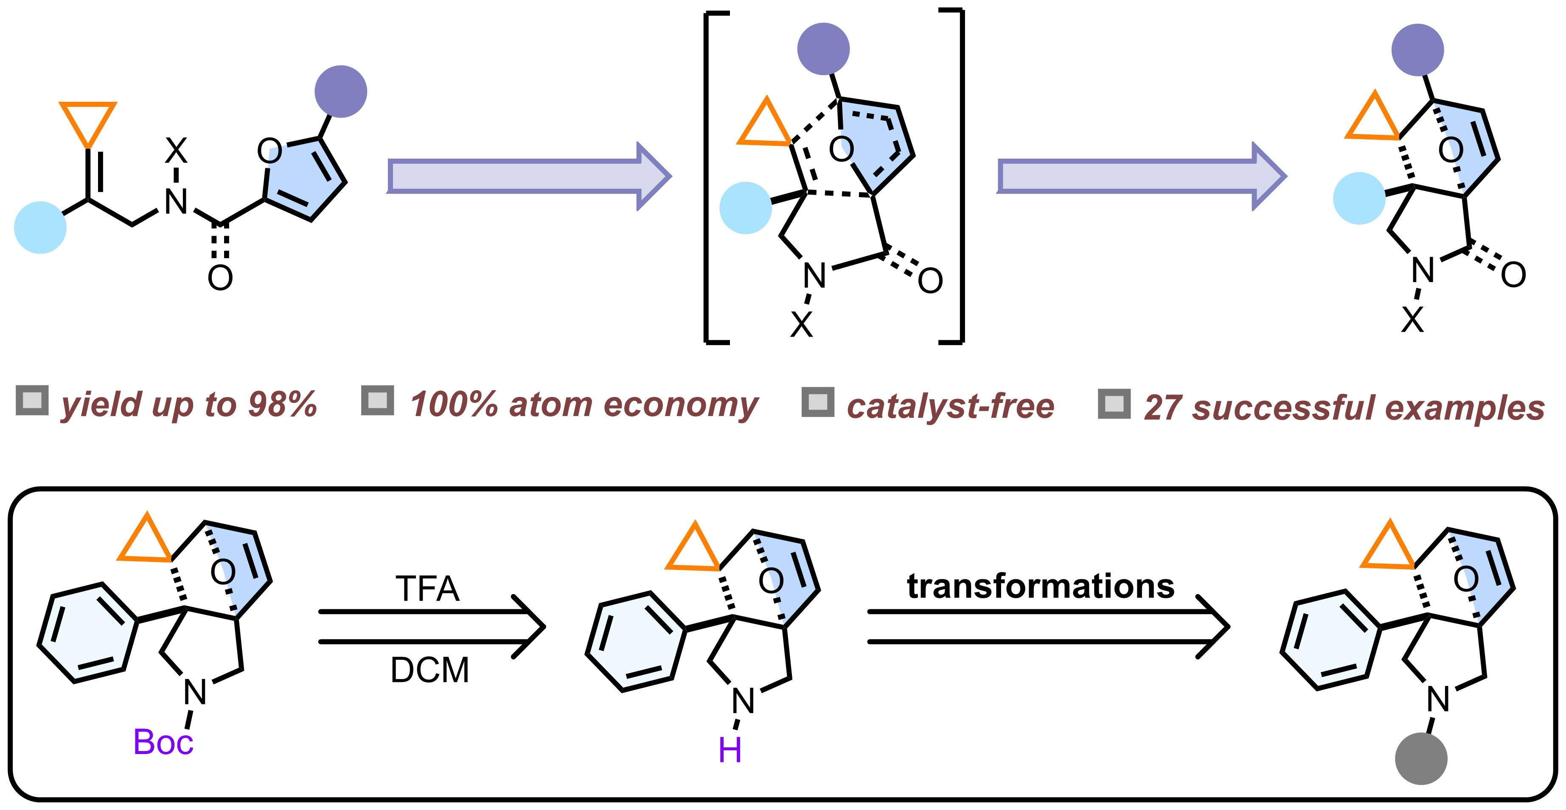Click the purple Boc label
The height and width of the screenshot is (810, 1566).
pyautogui.click(x=163, y=742)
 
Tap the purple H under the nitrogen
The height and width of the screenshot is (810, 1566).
pyautogui.click(x=730, y=751)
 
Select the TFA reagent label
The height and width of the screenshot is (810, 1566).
pyautogui.click(x=427, y=589)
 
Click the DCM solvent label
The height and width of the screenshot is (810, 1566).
pyautogui.click(x=429, y=670)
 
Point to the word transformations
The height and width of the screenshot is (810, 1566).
pyautogui.click(x=1040, y=587)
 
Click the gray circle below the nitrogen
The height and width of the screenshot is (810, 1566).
pyautogui.click(x=1421, y=758)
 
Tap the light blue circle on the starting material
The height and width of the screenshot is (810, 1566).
pyautogui.click(x=40, y=227)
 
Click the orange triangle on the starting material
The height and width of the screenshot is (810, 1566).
pyautogui.click(x=87, y=122)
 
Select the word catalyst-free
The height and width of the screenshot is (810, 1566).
pyautogui.click(x=950, y=406)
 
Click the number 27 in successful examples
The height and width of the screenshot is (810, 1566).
pyautogui.click(x=1162, y=408)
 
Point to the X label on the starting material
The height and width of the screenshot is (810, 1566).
pyautogui.click(x=176, y=150)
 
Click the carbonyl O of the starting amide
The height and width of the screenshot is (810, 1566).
pyautogui.click(x=220, y=278)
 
